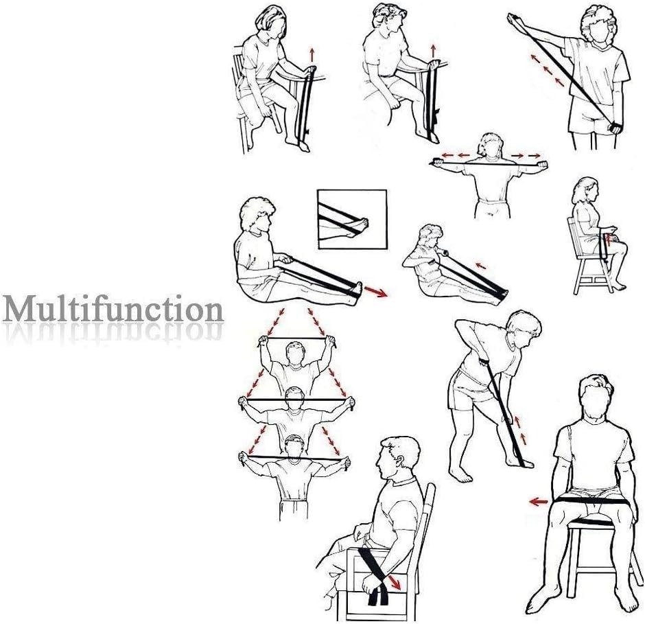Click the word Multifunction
[x=113, y=309]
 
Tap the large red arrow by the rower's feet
[x=377, y=291]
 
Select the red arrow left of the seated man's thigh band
[x=539, y=501]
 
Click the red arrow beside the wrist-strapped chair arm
[x=395, y=582]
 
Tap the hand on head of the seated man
[x=601, y=381]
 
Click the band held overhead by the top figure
[x=296, y=338]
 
